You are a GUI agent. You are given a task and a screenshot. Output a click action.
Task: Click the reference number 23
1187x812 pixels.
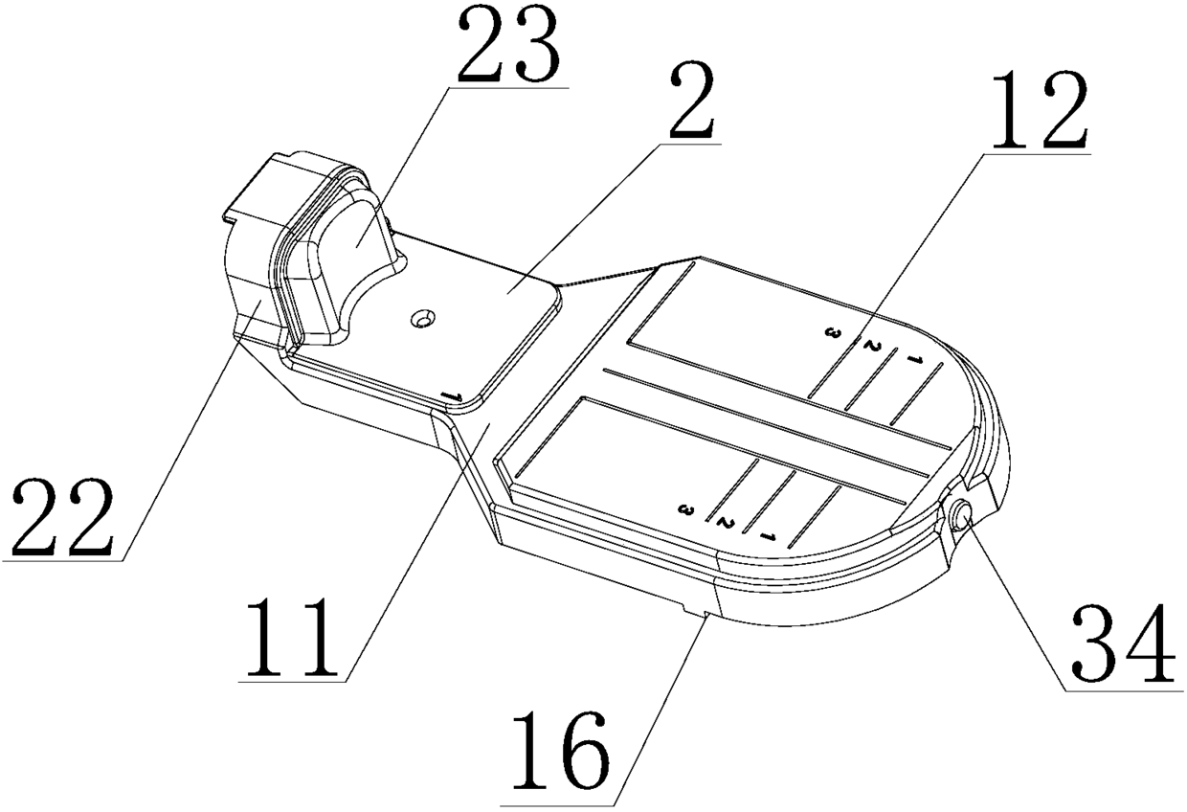[x=508, y=49]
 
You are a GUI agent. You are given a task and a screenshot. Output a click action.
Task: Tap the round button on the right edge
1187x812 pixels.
[x=960, y=518]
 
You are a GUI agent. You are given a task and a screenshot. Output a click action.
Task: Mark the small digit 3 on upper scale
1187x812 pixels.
[x=833, y=332]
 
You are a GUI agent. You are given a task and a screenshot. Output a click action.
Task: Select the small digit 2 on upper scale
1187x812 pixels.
[x=870, y=346]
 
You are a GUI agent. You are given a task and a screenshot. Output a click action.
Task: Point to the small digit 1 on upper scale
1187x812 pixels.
[x=914, y=362]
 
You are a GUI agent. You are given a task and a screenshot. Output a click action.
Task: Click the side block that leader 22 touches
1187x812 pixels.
[x=251, y=278]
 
